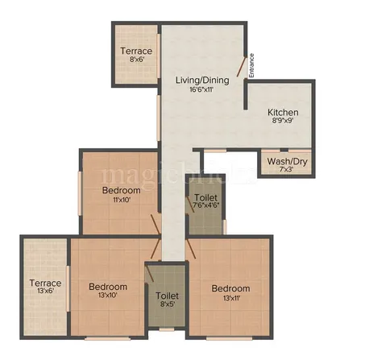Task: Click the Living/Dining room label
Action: coord(202,81)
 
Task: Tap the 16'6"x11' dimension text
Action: coord(202,91)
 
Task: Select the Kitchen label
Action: coord(284,112)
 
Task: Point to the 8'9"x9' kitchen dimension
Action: coord(284,122)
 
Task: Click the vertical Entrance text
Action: coord(251,64)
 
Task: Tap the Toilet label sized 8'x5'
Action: coord(167,296)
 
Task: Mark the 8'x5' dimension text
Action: coord(167,306)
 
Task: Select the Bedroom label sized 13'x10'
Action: coord(107,288)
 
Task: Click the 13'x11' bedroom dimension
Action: coord(230,299)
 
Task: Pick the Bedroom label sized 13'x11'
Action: coord(230,288)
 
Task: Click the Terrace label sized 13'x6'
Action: coord(44,283)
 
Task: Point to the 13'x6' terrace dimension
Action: coord(44,293)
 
